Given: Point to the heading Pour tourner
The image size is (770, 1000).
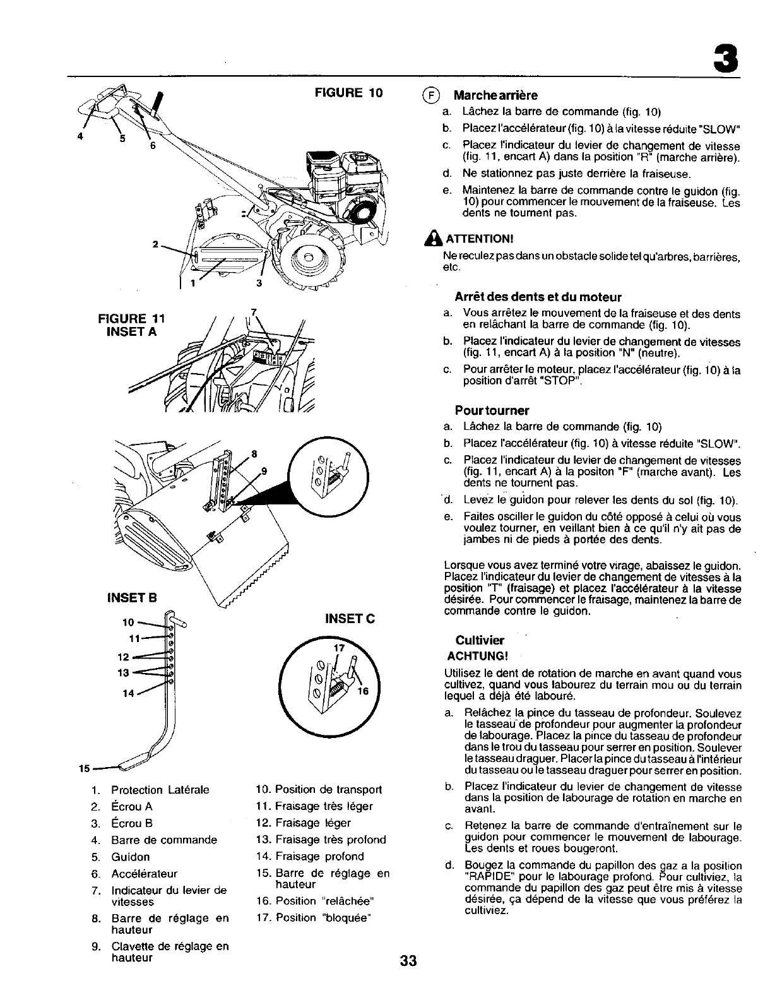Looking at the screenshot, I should point(492,410).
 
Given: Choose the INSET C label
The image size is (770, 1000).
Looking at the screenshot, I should point(350,618).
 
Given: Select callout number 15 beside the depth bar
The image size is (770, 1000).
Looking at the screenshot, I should point(83,769).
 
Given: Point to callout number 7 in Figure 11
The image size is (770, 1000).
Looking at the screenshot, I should point(254,311).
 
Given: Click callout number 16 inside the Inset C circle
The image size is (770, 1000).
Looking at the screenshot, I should point(363,691).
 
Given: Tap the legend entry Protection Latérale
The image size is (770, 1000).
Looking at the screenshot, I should point(160,790).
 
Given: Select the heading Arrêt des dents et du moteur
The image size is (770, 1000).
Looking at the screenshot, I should point(538,297).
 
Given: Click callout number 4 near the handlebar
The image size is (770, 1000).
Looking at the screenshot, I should point(81,135).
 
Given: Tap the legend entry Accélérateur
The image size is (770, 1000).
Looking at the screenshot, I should point(144,874).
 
